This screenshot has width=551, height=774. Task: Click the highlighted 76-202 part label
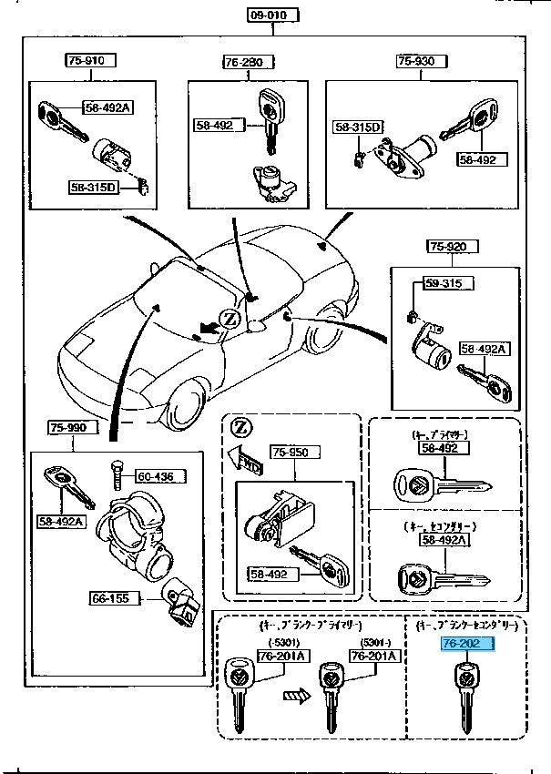[x=466, y=644]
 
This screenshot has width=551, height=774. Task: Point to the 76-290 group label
[x=242, y=61]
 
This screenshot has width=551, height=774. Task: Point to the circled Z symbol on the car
[x=230, y=318]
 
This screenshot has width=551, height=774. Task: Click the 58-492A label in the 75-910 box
[x=108, y=107]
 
